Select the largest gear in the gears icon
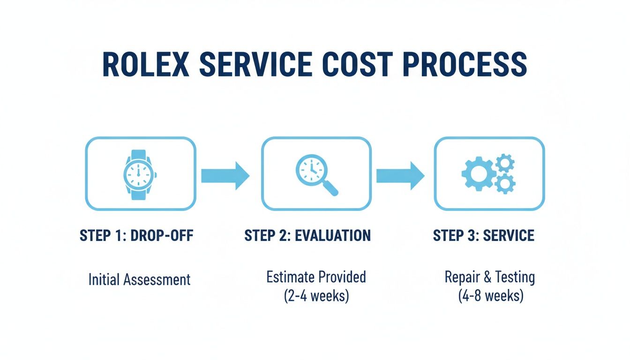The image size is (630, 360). [478, 173]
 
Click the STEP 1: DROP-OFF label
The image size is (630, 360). [136, 235]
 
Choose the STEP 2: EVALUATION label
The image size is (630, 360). [307, 235]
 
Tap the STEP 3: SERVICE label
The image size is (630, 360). [483, 235]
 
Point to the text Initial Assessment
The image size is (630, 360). [139, 280]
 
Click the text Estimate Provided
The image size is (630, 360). [316, 277]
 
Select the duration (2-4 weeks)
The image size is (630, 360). [316, 296]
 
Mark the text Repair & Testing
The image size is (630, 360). [489, 277]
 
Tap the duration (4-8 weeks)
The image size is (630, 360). [490, 296]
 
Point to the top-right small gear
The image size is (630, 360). [505, 163]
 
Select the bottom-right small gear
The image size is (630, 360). [505, 184]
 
